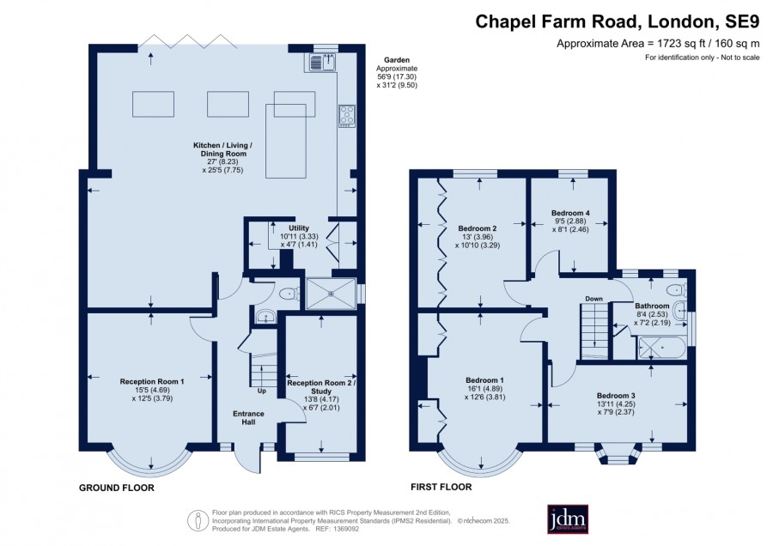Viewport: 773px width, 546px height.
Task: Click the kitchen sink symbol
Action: pyautogui.click(x=322, y=62)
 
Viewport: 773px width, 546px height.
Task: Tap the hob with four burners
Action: pyautogui.click(x=347, y=116)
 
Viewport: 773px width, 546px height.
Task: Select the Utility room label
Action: pyautogui.click(x=299, y=227)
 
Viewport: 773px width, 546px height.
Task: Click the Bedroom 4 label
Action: pyautogui.click(x=570, y=213)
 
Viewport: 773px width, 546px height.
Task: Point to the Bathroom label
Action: pyautogui.click(x=652, y=306)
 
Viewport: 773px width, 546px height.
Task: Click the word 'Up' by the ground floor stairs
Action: pyautogui.click(x=261, y=391)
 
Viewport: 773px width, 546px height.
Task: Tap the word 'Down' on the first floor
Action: pyautogui.click(x=594, y=299)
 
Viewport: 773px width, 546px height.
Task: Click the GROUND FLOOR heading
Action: pyautogui.click(x=117, y=488)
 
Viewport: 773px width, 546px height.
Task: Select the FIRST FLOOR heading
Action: pyautogui.click(x=441, y=487)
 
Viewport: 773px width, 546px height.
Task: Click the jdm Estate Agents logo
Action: pyautogui.click(x=568, y=519)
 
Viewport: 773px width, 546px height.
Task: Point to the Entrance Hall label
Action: pyautogui.click(x=248, y=418)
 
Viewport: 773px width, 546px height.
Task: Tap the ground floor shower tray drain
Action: pyautogui.click(x=331, y=294)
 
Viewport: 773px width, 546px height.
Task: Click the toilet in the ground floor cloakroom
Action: pyautogui.click(x=289, y=294)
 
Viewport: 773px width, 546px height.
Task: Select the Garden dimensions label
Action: pyautogui.click(x=397, y=72)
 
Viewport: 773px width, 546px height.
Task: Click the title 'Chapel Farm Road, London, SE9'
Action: pyautogui.click(x=618, y=21)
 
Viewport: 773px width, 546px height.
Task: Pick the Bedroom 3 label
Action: pyautogui.click(x=616, y=395)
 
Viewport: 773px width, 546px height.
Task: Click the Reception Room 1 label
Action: pyautogui.click(x=152, y=381)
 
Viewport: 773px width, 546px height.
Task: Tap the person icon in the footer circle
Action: pyautogui.click(x=198, y=520)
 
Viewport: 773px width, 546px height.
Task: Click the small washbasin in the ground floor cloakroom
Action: pyautogui.click(x=266, y=316)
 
